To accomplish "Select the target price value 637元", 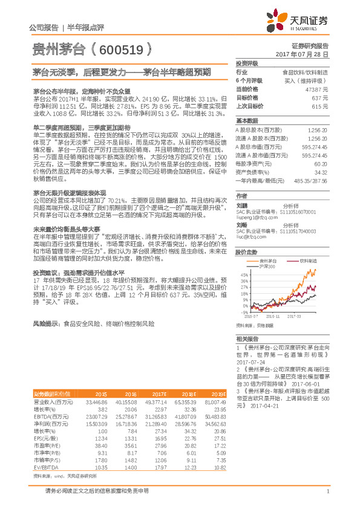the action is (319, 97).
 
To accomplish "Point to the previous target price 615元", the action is (319, 106).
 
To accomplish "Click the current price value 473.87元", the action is (317, 89).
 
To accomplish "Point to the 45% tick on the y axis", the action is (244, 273).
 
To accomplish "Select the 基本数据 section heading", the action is (247, 120).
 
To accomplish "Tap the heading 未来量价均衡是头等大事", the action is (66, 230).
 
